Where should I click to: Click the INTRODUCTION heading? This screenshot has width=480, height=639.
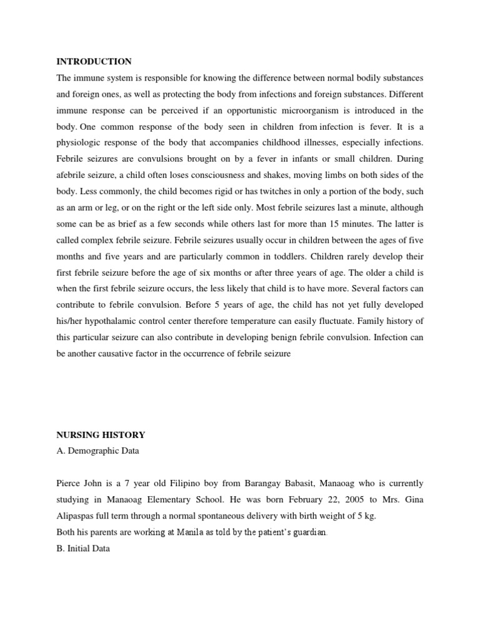[x=94, y=62]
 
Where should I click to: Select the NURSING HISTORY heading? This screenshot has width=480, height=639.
[x=101, y=435]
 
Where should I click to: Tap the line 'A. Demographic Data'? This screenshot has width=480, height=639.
[x=98, y=451]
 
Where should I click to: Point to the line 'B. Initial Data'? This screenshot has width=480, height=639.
[x=83, y=549]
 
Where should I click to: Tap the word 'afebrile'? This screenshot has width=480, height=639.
[x=71, y=175]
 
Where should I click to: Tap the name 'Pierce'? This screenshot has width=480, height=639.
[x=69, y=484]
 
